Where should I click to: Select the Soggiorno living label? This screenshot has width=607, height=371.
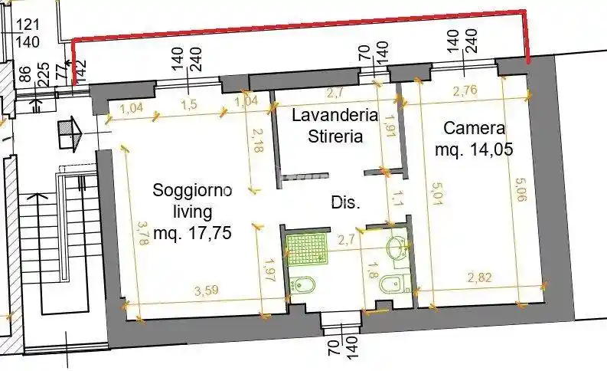tap(193, 199)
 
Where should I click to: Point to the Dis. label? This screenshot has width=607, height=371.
tap(346, 203)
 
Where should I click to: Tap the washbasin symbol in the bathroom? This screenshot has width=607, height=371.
tap(398, 248)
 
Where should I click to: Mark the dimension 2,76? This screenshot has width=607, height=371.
tap(465, 91)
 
